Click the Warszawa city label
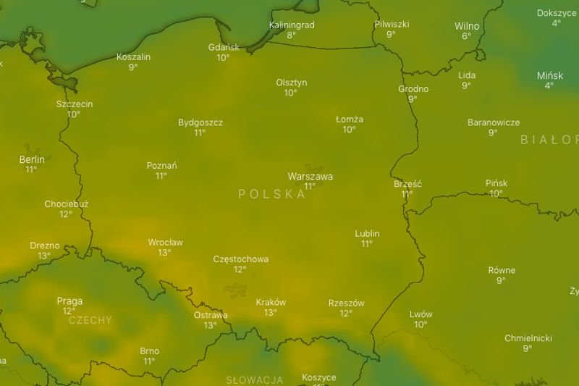click(x=310, y=176)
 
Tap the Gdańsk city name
click(x=223, y=47)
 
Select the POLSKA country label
click(x=271, y=194)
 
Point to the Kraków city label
click(x=271, y=302)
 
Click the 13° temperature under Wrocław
click(x=164, y=253)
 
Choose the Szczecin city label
click(x=75, y=104)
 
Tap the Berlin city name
click(x=32, y=159)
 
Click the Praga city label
click(x=69, y=301)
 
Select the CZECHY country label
click(x=90, y=319)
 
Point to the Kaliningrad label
click(x=291, y=25)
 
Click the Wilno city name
click(x=467, y=26)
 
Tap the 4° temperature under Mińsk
click(x=549, y=85)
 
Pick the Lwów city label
click(x=420, y=314)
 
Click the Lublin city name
click(x=367, y=233)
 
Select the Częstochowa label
click(x=240, y=259)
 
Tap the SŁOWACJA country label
click(x=254, y=379)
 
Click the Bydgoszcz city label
click(x=200, y=122)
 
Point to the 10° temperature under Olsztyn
click(x=290, y=93)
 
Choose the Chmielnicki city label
click(x=528, y=338)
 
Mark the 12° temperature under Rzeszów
click(x=346, y=314)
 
